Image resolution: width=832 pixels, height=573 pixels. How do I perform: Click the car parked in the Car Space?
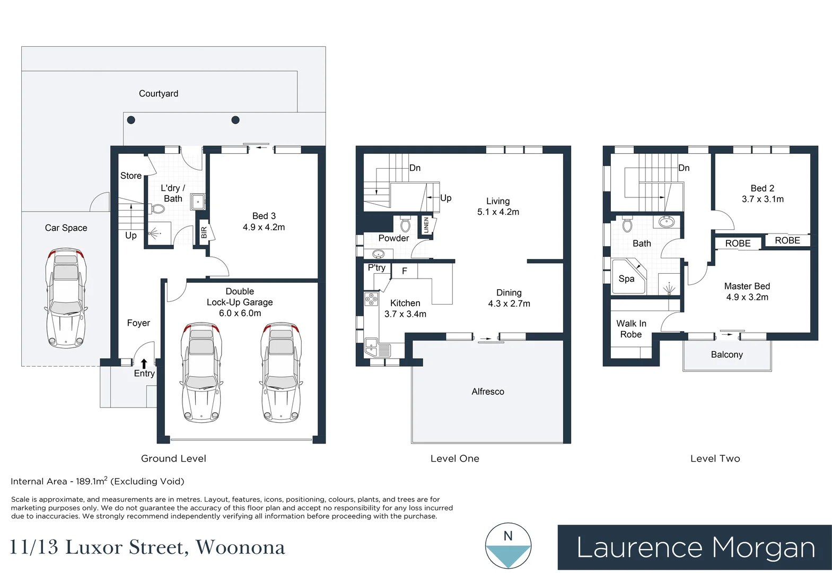tap(66, 298)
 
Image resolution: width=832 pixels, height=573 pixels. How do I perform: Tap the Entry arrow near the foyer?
tap(144, 364)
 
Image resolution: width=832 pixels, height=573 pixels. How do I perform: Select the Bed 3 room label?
tap(264, 216)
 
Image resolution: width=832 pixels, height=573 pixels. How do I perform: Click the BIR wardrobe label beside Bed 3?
tap(204, 232)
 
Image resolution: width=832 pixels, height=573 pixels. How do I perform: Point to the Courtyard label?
tap(158, 93)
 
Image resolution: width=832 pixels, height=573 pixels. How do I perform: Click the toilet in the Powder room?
tap(405, 225)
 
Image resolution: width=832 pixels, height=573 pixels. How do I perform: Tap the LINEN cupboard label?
tap(426, 225)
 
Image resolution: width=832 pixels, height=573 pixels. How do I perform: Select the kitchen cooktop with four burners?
tap(371, 300)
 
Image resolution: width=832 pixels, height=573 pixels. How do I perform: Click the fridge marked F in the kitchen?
tap(404, 271)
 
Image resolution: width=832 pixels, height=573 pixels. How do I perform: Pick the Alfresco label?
tap(487, 392)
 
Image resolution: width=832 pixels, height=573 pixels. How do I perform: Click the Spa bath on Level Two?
tap(628, 277)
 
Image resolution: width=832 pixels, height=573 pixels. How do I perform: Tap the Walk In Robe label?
tap(631, 329)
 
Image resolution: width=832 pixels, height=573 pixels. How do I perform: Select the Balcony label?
tap(726, 354)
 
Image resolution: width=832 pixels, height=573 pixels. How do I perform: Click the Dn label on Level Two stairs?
tap(684, 168)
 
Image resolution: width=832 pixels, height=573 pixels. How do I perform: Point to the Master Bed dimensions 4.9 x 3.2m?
tap(747, 297)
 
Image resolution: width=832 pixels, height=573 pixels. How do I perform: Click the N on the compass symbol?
tap(507, 536)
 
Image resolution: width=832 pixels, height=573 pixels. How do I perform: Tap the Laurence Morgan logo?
tap(694, 548)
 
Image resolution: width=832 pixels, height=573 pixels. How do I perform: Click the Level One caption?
tap(454, 458)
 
